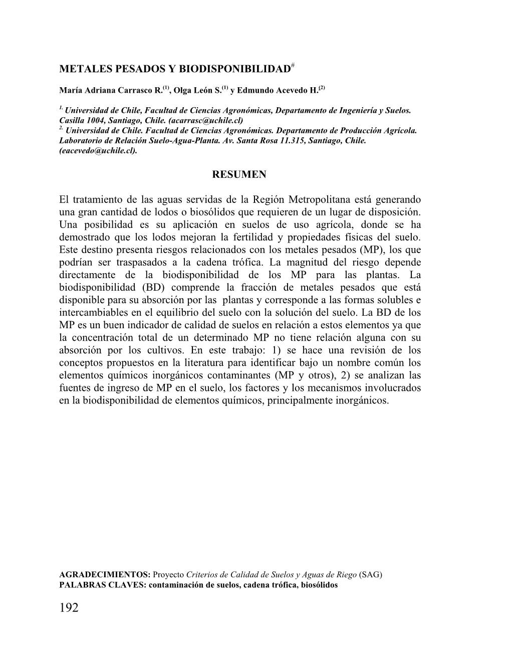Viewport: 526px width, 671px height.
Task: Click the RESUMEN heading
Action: [x=239, y=174]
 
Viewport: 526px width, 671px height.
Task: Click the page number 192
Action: [x=69, y=608]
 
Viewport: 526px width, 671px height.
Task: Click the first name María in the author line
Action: [x=70, y=91]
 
